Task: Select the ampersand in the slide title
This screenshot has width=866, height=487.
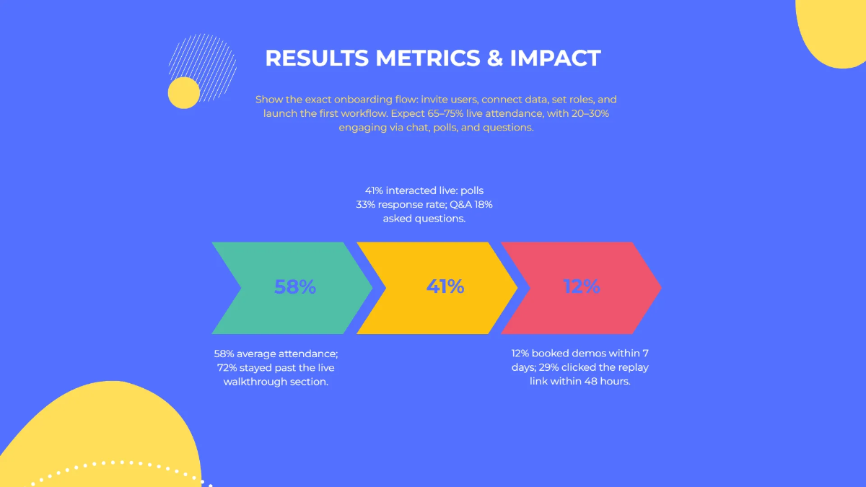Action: coord(494,58)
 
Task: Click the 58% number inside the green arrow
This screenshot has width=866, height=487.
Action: coord(295,287)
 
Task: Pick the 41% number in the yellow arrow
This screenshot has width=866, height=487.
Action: coord(445,287)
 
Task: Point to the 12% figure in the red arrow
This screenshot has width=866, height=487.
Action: coord(582,287)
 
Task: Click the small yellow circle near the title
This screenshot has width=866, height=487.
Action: coord(183,93)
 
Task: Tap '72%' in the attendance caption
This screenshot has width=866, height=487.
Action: coord(229,368)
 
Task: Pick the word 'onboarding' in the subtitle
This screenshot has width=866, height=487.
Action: coord(348,99)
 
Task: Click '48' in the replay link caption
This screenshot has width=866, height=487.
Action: coord(594,381)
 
